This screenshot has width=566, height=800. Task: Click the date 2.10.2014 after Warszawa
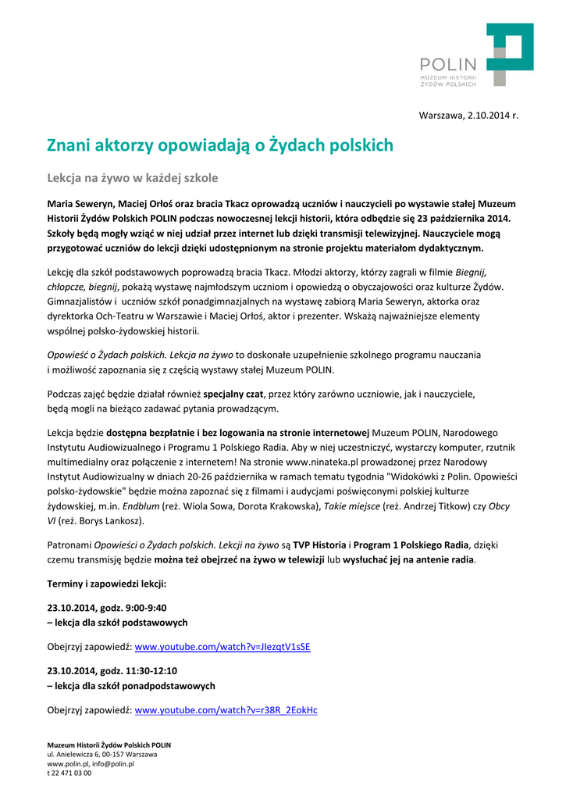coord(489,116)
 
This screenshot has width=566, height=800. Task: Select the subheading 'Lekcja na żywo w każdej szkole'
coord(133,178)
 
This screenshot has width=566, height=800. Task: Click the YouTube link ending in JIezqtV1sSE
coord(222,647)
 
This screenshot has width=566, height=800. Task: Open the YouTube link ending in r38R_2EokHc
coord(226,710)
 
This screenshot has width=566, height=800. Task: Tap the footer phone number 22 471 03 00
coord(72,773)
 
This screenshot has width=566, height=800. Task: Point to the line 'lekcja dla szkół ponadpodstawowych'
coord(134,686)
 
